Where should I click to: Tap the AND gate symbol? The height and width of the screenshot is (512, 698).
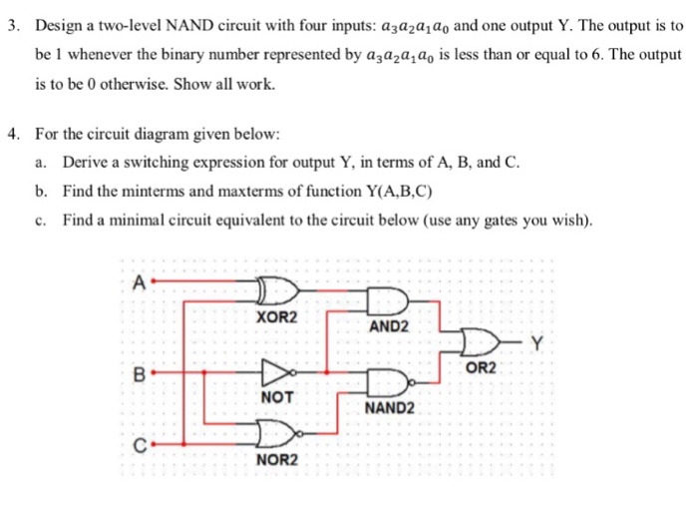387,299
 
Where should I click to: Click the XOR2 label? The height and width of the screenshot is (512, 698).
276,317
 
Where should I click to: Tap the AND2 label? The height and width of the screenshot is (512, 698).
389,326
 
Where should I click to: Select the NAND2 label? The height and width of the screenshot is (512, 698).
390,408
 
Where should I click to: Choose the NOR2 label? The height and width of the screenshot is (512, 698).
277,459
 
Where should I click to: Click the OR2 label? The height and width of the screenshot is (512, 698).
481,368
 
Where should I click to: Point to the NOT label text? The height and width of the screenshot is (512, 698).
277,397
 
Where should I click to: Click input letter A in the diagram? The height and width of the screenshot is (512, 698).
140,282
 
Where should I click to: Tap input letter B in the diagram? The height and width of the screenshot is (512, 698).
140,374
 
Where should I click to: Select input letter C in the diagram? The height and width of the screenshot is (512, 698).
141,445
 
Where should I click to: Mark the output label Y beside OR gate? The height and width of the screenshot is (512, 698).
537,342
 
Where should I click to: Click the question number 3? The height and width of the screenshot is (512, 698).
14,26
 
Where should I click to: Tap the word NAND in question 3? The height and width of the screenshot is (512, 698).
189,26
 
